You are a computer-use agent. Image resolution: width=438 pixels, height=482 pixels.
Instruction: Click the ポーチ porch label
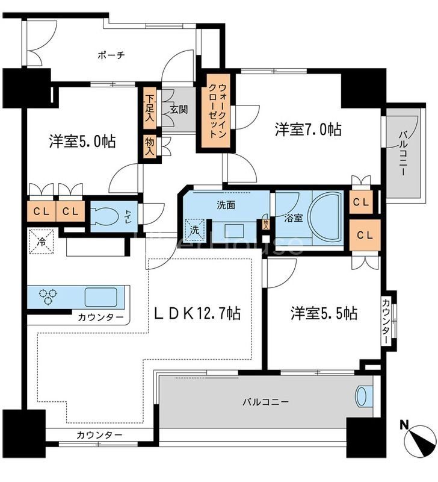111,55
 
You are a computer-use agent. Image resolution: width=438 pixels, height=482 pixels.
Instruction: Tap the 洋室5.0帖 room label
82,142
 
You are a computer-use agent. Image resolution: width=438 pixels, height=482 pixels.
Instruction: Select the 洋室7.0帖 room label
308,129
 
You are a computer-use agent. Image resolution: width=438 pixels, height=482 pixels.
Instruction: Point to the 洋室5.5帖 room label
324,313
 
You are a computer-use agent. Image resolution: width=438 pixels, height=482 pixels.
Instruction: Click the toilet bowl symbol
109,216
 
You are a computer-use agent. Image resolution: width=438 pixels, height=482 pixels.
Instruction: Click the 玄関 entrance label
179,110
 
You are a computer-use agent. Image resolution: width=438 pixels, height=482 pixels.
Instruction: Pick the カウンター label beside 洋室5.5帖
386,322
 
